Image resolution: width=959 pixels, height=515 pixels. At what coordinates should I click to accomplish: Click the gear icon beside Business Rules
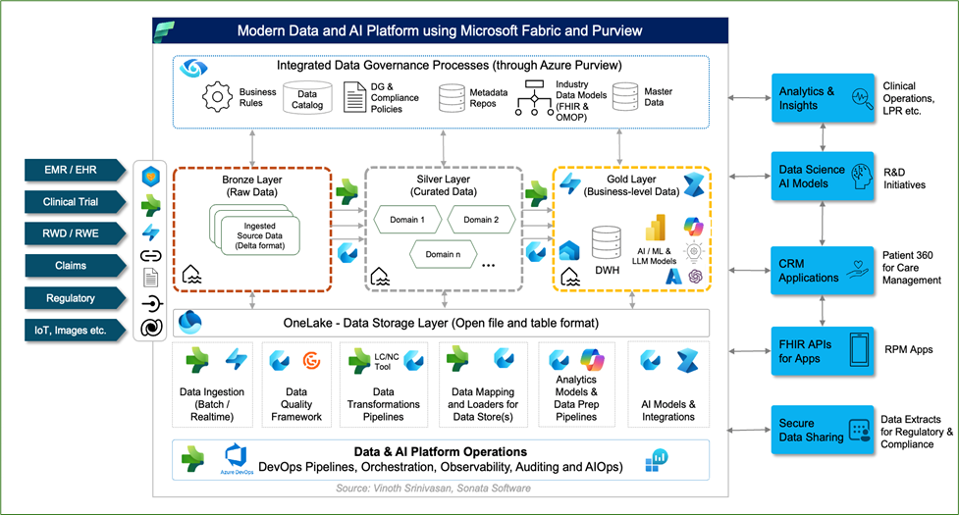pyautogui.click(x=216, y=97)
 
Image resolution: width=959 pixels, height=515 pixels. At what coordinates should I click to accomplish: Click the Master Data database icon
pyautogui.click(x=625, y=97)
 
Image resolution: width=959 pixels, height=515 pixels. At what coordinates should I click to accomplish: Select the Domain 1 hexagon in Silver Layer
pyautogui.click(x=408, y=220)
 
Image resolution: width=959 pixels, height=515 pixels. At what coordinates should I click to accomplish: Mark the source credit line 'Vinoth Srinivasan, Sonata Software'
pyautogui.click(x=432, y=488)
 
